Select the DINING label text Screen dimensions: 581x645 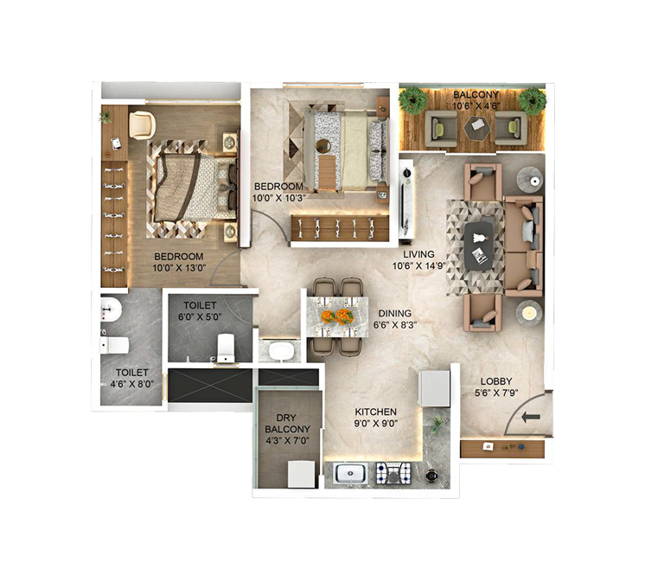[x=393, y=314]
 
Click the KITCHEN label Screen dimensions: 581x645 [x=374, y=412]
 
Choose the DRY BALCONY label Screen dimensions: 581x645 [x=287, y=419]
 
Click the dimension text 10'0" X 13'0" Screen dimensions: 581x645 [x=179, y=268]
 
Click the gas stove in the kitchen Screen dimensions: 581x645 [x=396, y=473]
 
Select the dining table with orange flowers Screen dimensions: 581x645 [x=336, y=316]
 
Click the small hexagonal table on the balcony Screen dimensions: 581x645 [x=474, y=127]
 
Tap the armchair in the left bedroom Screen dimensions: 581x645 [x=141, y=124]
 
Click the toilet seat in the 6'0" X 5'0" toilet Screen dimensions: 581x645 [x=226, y=347]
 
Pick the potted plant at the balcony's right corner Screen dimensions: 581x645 [x=532, y=100]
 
